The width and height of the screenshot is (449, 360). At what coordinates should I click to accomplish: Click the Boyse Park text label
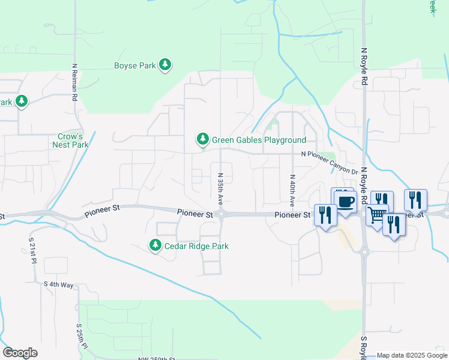(x=135, y=65)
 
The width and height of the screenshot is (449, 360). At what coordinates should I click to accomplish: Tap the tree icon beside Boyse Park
(x=165, y=65)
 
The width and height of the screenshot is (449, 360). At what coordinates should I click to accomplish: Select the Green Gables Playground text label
(x=259, y=140)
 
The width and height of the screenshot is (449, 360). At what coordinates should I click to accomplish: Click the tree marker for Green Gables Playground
(x=203, y=140)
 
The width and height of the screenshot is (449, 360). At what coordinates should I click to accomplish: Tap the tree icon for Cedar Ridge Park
(x=155, y=245)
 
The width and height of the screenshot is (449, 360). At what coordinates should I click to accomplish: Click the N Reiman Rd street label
(x=74, y=82)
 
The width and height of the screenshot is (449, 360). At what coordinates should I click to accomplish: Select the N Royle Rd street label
(x=364, y=67)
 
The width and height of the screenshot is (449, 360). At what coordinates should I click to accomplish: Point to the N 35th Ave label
(x=220, y=189)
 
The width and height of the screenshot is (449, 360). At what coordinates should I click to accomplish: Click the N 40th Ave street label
(x=292, y=190)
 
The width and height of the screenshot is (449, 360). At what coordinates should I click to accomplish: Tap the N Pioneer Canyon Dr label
(x=330, y=163)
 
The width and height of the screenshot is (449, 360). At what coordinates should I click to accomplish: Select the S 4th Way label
(x=59, y=283)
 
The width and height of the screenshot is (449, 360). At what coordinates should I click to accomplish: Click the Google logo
(x=20, y=353)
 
